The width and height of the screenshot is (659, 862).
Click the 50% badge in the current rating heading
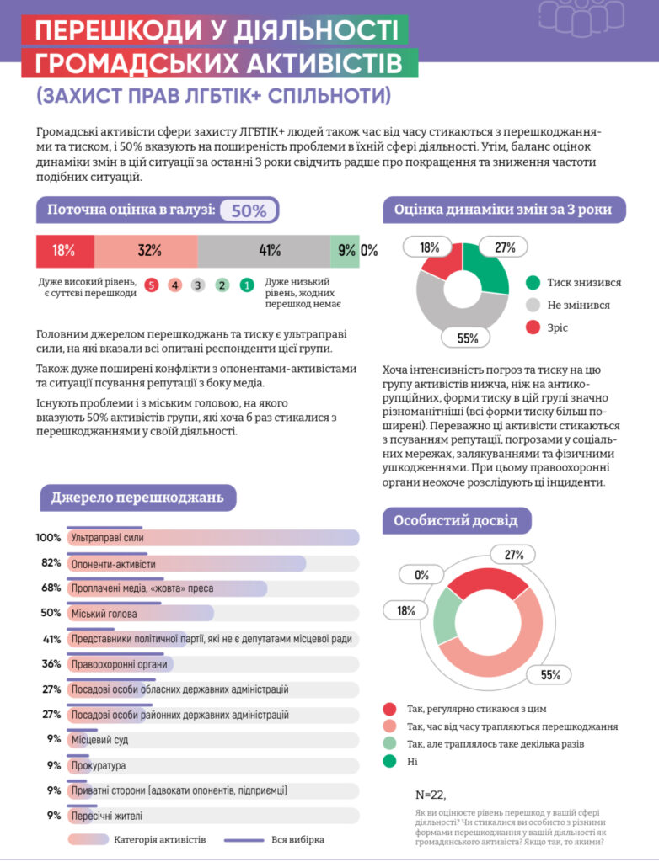point(249,210)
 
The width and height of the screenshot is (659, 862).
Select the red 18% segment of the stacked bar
point(64,250)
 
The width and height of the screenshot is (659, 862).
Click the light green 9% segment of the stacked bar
point(346,250)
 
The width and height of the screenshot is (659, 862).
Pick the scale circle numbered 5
point(151,285)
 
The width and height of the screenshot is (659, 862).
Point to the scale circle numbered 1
point(246,285)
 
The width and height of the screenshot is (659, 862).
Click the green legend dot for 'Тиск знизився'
point(533,283)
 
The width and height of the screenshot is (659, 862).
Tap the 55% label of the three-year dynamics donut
point(468,338)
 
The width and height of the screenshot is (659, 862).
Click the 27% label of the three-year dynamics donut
point(504,247)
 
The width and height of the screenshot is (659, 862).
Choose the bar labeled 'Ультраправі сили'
point(213,538)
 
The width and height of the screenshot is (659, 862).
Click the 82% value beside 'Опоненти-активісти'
point(49,563)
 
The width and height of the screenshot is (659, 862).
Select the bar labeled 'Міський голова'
point(140,614)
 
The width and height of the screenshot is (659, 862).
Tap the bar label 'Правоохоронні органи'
point(119,664)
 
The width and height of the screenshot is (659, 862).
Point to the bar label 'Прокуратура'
point(99,765)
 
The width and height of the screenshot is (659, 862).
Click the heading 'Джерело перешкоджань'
point(138,498)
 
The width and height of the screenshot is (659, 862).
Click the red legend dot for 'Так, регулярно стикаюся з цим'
point(389,709)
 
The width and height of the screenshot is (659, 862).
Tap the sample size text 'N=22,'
point(431,795)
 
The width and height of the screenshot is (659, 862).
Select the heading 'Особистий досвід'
point(456,521)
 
